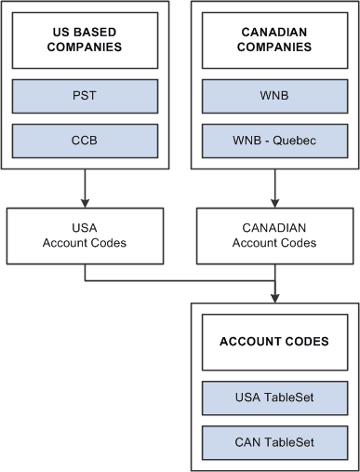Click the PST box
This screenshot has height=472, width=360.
(85, 95)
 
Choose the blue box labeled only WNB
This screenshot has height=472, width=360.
(273, 95)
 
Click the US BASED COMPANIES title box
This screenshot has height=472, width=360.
(85, 40)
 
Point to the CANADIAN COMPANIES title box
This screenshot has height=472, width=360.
(273, 40)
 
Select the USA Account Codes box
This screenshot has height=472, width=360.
(85, 235)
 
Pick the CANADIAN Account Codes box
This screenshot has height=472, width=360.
(273, 235)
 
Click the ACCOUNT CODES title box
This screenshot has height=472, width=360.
(273, 341)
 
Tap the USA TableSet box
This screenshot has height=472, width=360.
(273, 398)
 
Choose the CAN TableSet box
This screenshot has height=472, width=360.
(273, 441)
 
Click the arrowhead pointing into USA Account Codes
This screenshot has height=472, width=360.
(85, 202)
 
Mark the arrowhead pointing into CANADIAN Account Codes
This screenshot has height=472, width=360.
(273, 202)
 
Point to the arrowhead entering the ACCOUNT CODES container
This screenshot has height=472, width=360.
(273, 297)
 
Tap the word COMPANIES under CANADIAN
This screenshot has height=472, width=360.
(273, 47)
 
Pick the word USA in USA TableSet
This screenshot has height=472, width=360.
(247, 398)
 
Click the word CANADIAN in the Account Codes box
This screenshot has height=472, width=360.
(273, 227)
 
